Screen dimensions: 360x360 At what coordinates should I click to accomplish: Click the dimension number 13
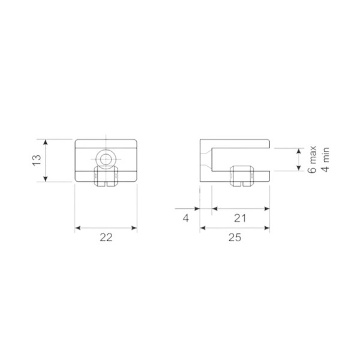37,160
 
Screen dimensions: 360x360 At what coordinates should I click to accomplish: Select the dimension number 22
106,238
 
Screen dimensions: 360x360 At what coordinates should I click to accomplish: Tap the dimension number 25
235,238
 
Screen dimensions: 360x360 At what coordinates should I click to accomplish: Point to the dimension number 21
240,218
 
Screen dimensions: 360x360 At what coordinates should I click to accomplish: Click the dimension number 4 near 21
186,218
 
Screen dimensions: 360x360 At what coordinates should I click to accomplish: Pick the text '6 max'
313,160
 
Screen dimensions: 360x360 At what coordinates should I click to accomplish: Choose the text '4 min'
325,160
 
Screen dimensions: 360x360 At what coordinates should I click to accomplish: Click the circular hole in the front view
106,159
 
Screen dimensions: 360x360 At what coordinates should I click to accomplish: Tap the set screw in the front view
106,176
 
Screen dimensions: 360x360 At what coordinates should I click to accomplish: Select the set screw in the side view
242,176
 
